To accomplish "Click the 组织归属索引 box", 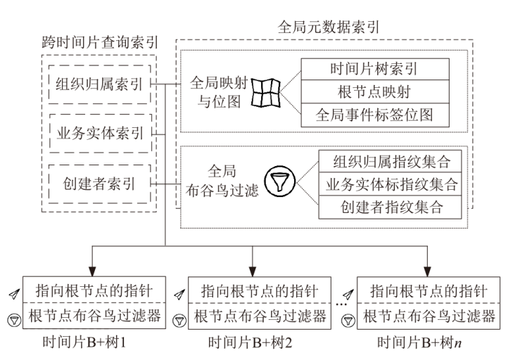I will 98,84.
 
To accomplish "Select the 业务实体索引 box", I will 98,134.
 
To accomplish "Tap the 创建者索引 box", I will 98,184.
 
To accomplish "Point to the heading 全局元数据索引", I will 329,27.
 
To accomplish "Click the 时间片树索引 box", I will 374,69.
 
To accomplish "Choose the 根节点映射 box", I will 374,91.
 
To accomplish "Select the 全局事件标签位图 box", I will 374,115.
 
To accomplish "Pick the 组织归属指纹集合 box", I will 391,162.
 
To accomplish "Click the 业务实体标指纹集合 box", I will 391,184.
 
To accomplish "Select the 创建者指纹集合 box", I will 391,207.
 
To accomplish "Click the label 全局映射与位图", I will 216,92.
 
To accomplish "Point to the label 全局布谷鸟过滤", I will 227,181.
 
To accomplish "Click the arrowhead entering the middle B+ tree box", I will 252,272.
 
